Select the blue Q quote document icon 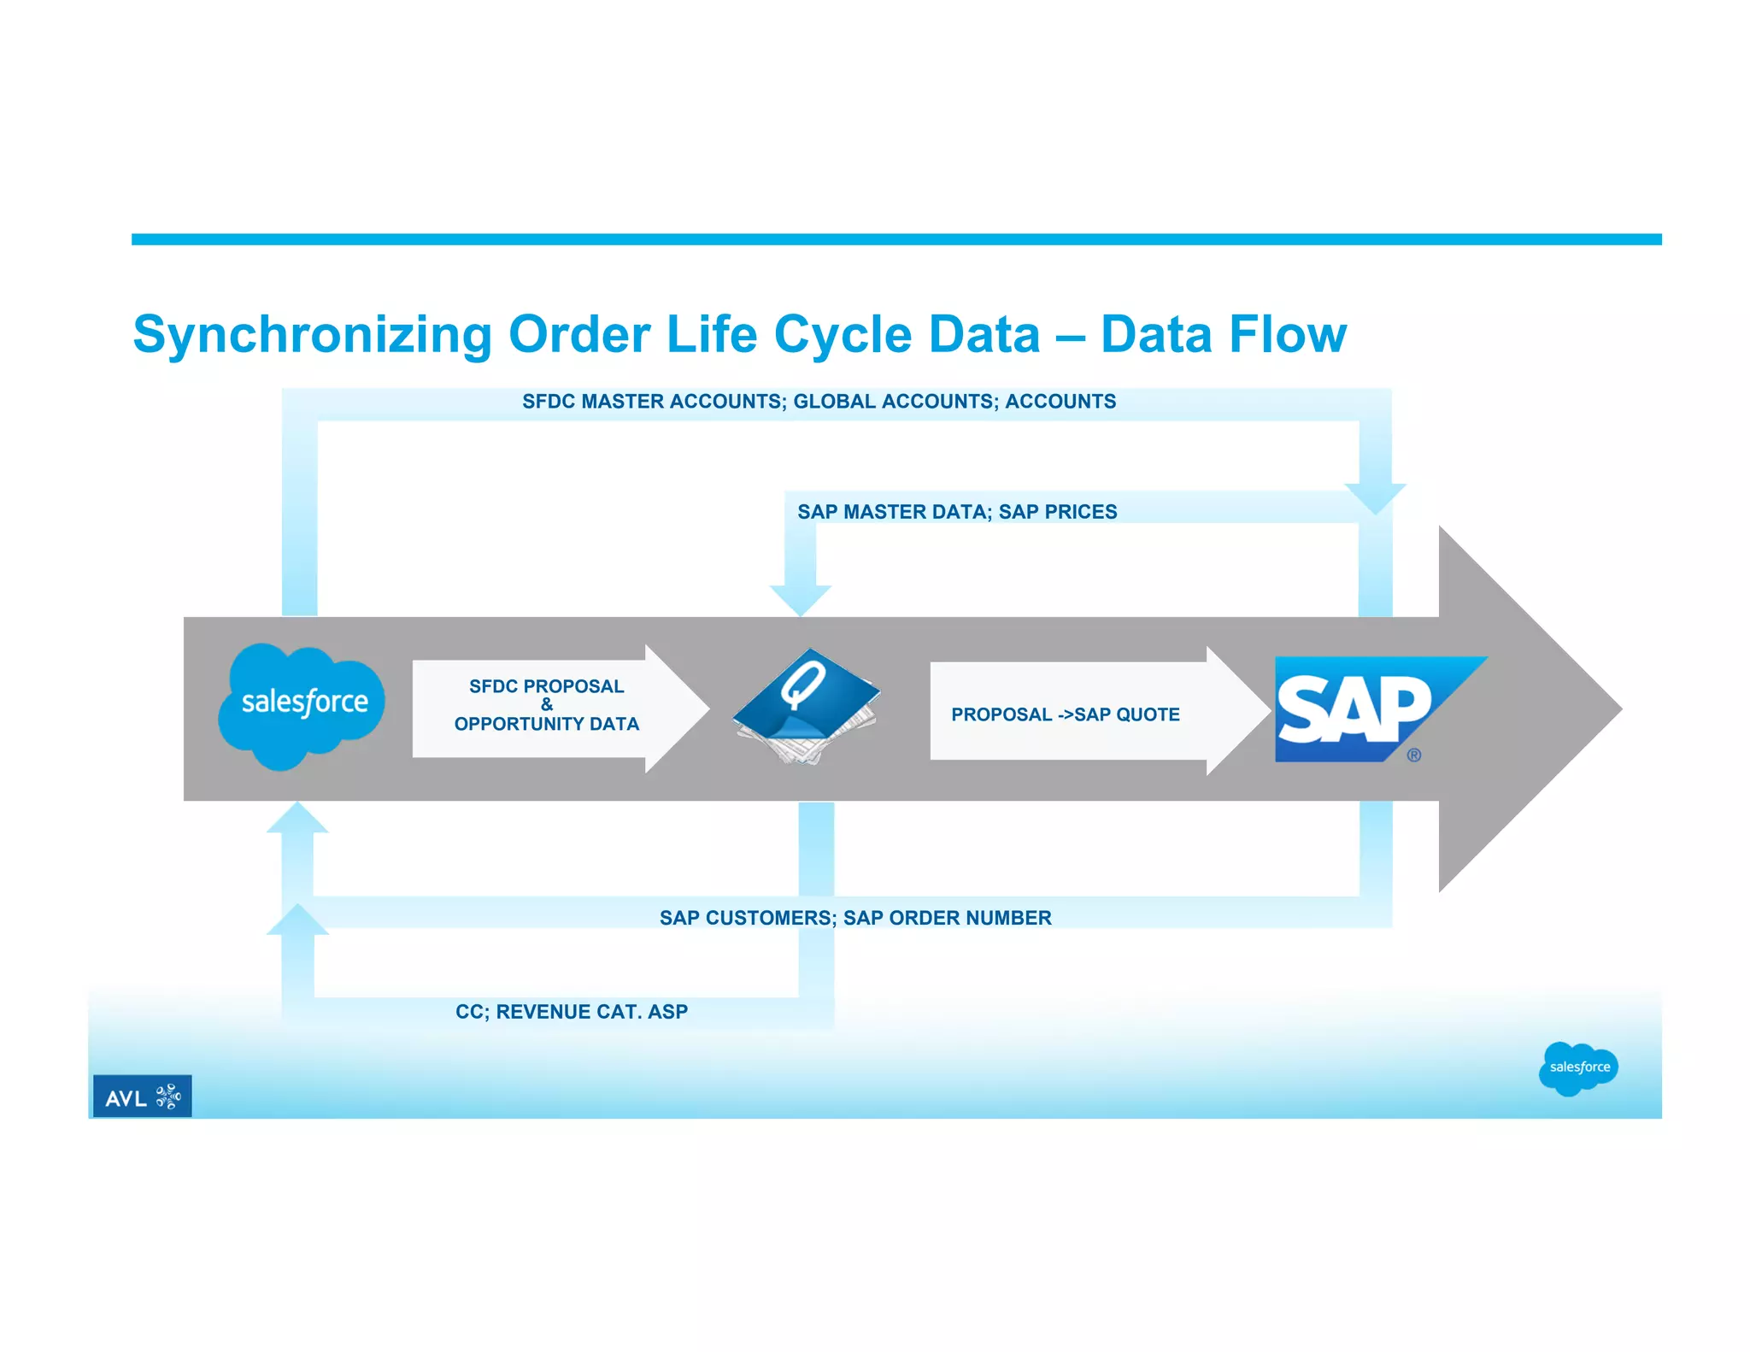tap(804, 706)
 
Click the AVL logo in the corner tap(142, 1096)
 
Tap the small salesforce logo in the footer tap(1578, 1067)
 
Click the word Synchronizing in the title tap(312, 334)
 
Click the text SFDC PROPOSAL tap(546, 686)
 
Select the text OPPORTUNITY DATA tap(546, 724)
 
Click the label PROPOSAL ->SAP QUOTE tap(1065, 714)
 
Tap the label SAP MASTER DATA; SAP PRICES tap(956, 512)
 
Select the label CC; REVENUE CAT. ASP tap(571, 1012)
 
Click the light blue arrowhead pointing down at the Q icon tap(801, 599)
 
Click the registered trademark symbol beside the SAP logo tap(1414, 755)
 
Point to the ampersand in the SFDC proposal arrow tap(547, 705)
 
